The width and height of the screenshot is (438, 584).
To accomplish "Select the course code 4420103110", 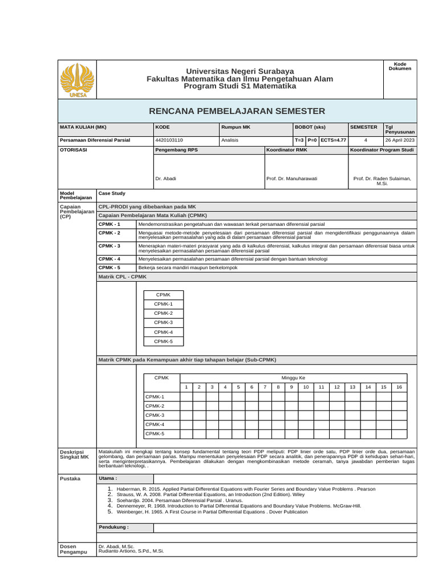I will click(169, 140).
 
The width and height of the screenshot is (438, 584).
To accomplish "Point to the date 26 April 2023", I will click(400, 140).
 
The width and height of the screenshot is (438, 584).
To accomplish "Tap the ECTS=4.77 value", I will click(333, 140).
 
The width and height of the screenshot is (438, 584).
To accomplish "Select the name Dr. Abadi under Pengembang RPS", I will click(165, 179).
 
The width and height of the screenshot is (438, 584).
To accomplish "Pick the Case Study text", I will click(112, 193).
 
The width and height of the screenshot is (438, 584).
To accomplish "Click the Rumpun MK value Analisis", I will click(230, 140).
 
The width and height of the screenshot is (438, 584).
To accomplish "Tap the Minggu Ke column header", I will click(294, 378).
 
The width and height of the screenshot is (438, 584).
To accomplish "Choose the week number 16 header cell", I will click(399, 387).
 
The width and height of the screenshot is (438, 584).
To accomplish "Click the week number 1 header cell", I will click(186, 387).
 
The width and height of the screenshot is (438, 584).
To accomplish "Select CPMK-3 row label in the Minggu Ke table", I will click(155, 415).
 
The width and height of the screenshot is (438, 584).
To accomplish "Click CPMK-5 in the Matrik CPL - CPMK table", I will click(163, 341).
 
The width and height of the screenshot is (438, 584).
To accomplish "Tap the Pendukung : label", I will click(114, 527).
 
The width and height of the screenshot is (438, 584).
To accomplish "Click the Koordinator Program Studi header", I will click(382, 149).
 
